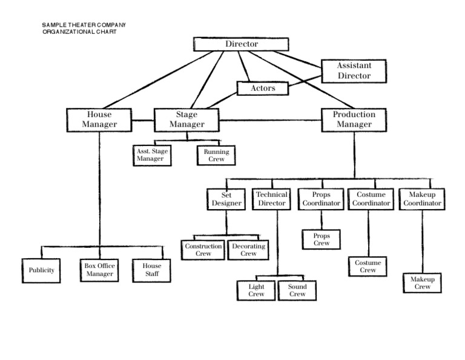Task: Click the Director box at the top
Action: point(242,44)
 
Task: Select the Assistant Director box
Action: point(354,71)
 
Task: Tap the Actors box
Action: point(263,88)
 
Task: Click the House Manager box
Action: point(99,119)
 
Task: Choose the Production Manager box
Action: point(354,119)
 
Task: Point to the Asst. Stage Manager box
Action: point(151,155)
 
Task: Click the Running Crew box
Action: point(216,155)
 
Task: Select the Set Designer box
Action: point(226,199)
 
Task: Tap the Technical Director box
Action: point(271,199)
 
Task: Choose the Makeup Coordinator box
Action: point(422,199)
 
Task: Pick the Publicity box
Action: point(42,270)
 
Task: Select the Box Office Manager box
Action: point(99,270)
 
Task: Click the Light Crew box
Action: point(257,290)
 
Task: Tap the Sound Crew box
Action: point(297,290)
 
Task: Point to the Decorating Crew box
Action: point(248,250)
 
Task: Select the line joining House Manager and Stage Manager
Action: point(143,119)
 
